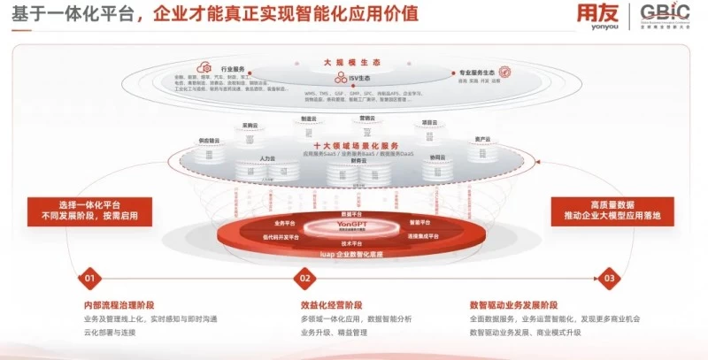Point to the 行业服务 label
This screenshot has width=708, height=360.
coord(233,67)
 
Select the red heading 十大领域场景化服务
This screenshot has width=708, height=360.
coord(356,146)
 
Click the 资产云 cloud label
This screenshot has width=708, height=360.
coord(482,139)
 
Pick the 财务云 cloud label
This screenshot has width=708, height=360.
coord(358,161)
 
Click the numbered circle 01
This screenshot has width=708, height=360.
coord(88,278)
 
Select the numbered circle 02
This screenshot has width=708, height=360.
coord(305,278)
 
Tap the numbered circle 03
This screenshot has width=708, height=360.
coord(608,278)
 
